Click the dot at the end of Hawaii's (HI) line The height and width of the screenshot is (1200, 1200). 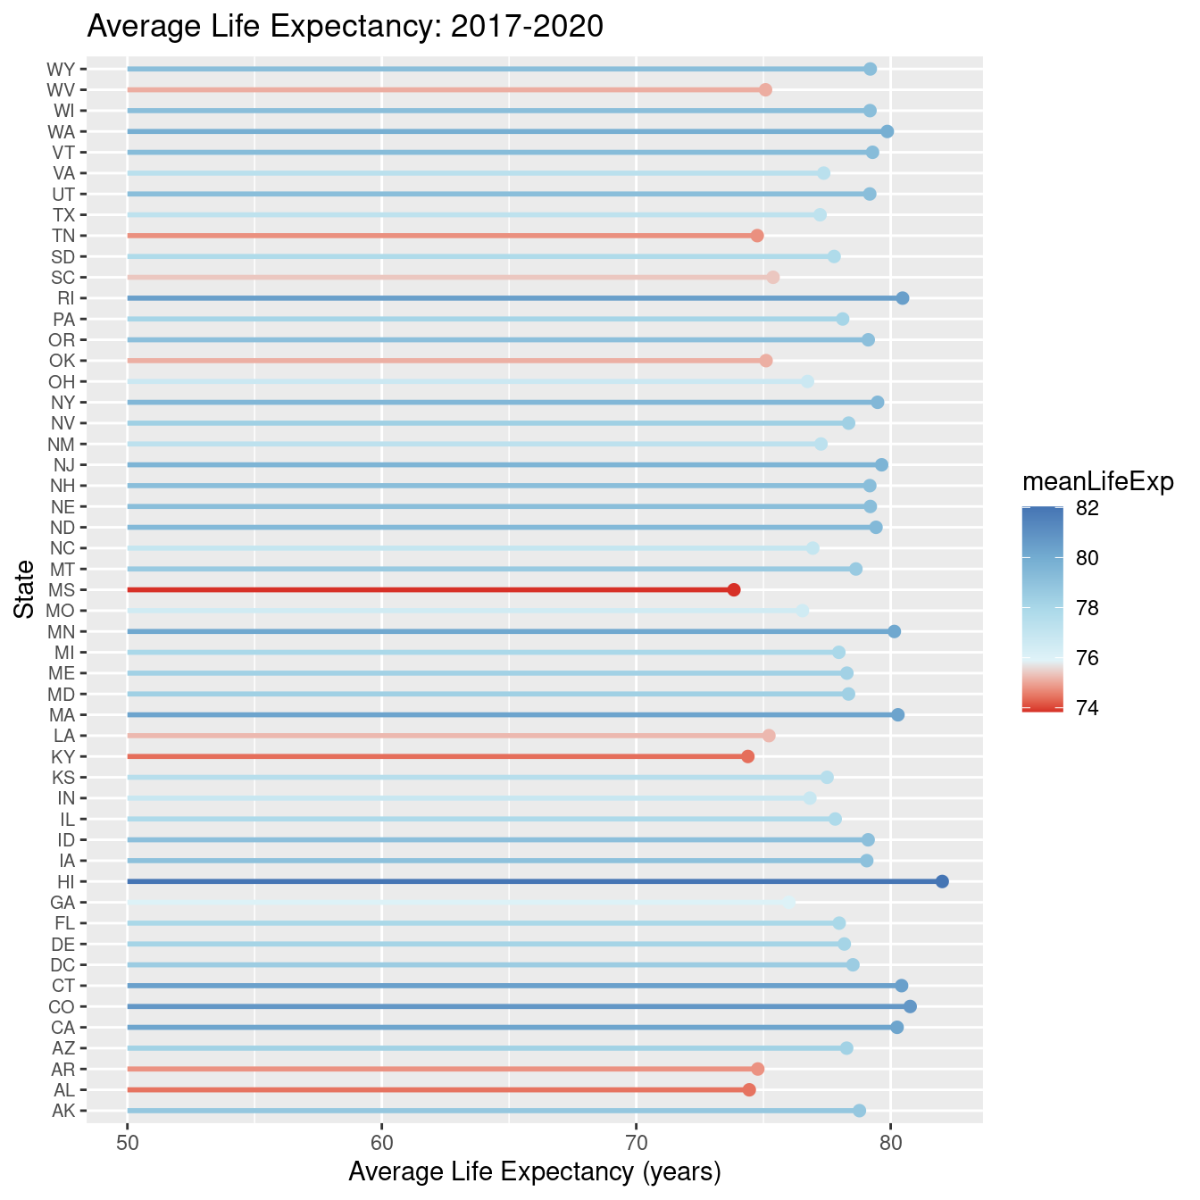click(942, 881)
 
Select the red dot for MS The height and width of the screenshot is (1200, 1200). click(734, 589)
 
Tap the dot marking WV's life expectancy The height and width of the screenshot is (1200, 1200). click(765, 89)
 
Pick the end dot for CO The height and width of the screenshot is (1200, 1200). click(910, 1006)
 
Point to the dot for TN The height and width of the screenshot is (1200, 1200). click(757, 236)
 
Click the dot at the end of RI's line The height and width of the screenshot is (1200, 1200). click(903, 298)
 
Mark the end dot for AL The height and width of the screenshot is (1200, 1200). click(749, 1089)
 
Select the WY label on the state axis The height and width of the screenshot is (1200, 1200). click(61, 69)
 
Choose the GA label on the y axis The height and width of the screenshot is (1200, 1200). click(62, 903)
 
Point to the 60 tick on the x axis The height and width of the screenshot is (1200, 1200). click(382, 1145)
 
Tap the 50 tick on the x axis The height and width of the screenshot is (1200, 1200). click(128, 1145)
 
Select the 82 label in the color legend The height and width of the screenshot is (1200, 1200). click(1087, 508)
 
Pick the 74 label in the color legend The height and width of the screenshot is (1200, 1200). click(1087, 708)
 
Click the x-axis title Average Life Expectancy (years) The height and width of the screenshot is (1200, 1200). click(534, 1172)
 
